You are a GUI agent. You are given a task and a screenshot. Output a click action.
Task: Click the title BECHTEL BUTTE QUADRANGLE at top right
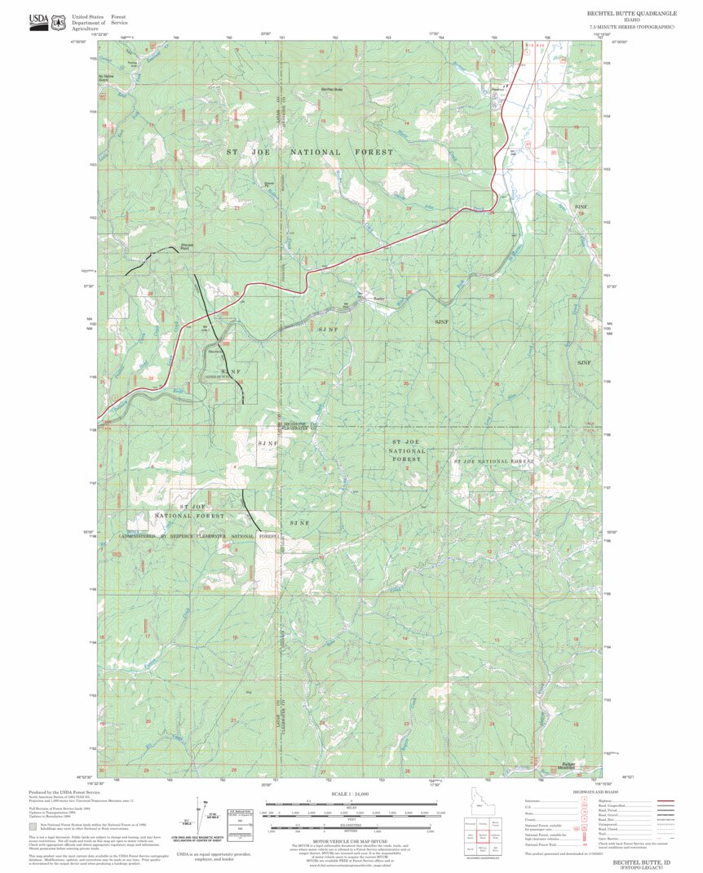tap(630, 13)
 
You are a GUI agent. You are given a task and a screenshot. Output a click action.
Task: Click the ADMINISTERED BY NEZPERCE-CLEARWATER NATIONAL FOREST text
tap(200, 536)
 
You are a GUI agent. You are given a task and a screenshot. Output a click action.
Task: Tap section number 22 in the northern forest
tap(324, 208)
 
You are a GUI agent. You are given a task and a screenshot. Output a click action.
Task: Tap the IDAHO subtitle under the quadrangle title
tap(630, 20)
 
